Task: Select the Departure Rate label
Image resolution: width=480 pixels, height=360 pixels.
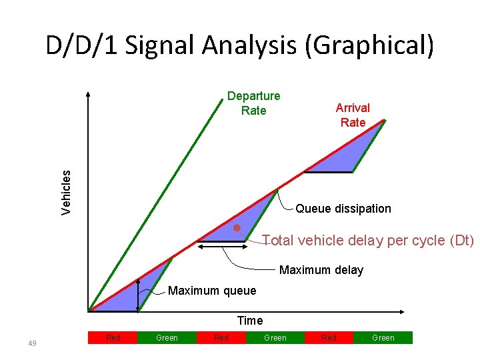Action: pos(253,103)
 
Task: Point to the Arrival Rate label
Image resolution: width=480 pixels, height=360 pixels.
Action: pos(353,115)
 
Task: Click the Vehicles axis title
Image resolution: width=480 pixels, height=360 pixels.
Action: pos(66,191)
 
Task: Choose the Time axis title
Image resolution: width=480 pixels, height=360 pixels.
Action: pos(250,321)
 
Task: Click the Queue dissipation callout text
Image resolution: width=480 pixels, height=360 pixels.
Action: pos(343,209)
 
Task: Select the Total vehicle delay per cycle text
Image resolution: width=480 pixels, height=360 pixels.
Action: pos(368,240)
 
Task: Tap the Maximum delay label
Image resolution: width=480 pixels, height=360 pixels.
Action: pos(321,270)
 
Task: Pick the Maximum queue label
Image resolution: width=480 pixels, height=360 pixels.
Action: pos(212,291)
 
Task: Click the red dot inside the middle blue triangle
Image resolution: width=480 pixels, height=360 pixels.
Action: pos(237,228)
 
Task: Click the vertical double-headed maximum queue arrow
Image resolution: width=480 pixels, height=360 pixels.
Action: pos(138,295)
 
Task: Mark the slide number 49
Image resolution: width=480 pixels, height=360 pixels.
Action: pos(33,343)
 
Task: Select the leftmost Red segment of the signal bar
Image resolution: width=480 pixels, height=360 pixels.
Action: pos(113,338)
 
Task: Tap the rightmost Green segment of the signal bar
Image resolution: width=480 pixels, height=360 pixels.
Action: pos(383,338)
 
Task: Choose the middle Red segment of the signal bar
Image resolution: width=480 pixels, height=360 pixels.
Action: pos(221,338)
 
